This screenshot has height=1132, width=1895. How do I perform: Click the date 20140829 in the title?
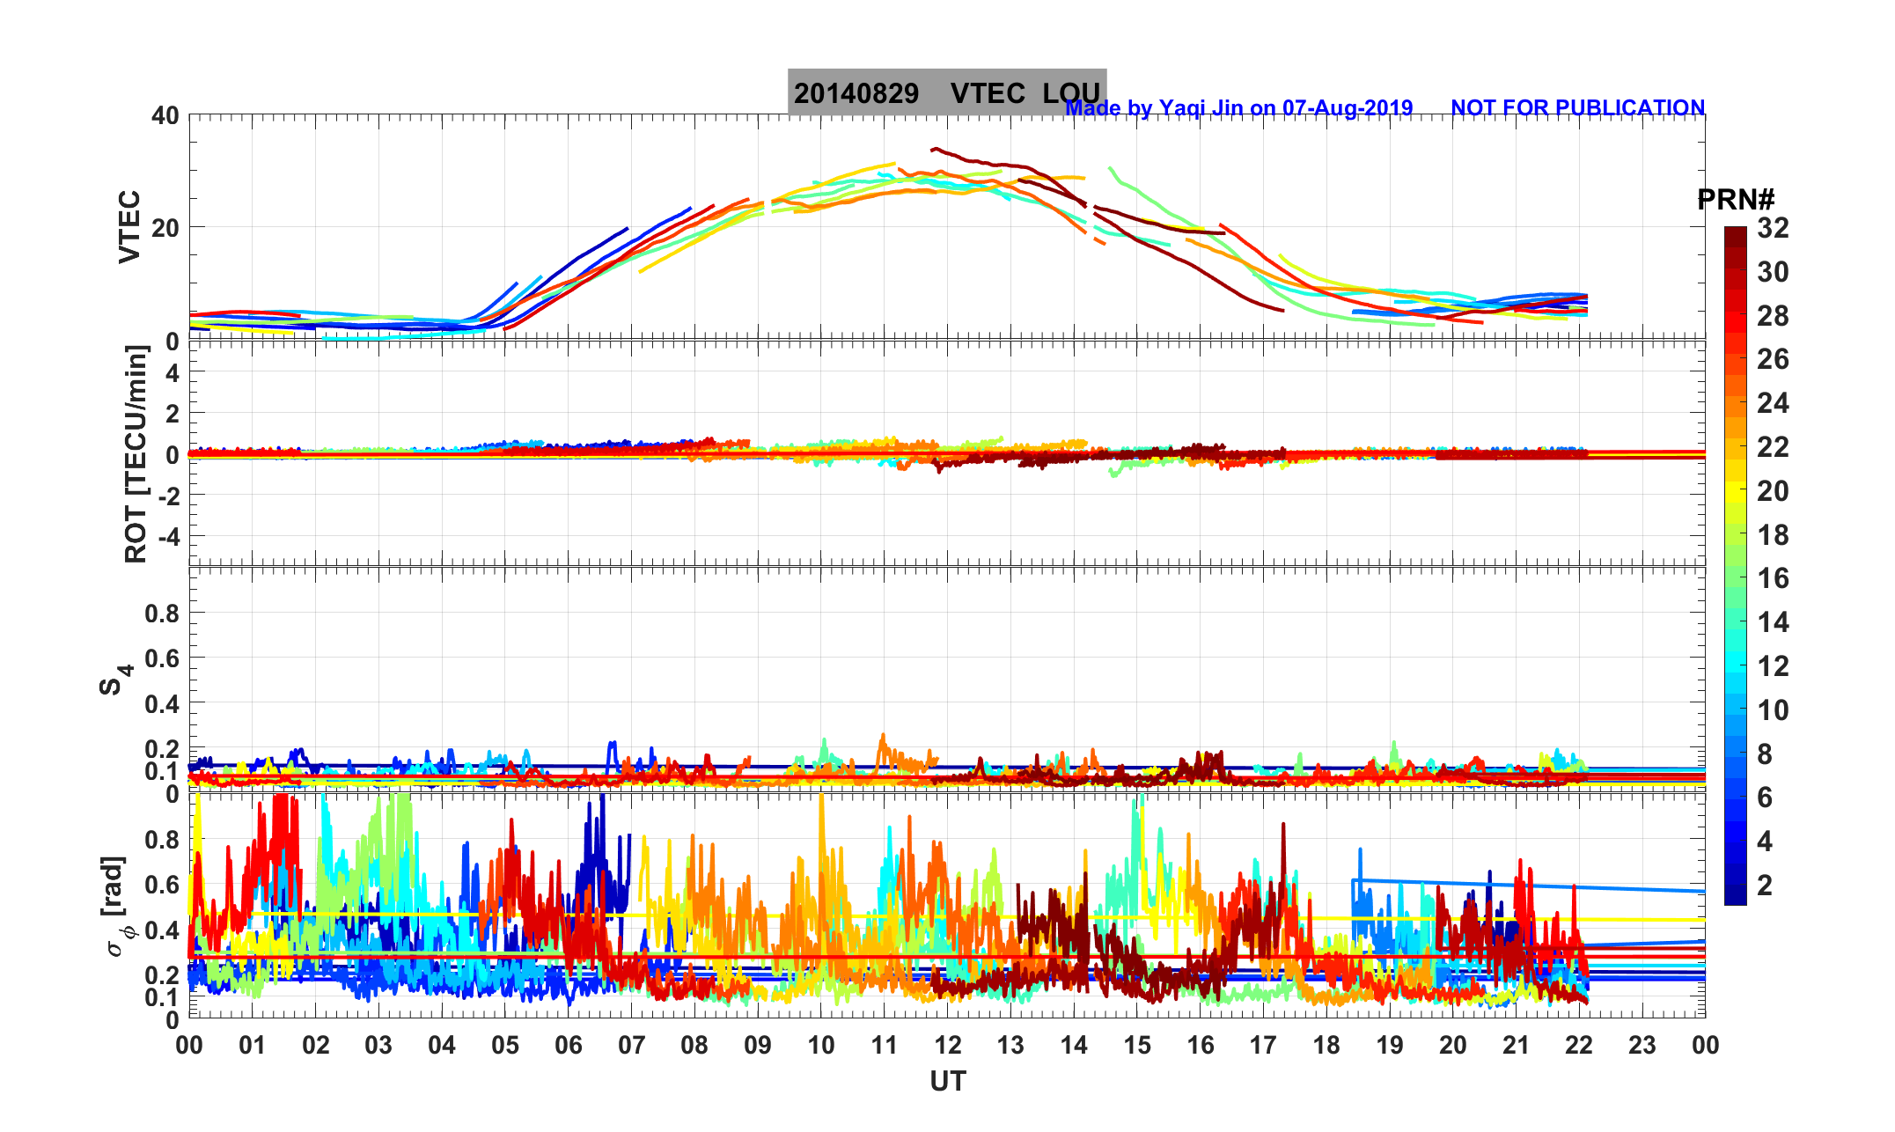click(856, 93)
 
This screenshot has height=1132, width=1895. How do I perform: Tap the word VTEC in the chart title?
click(988, 93)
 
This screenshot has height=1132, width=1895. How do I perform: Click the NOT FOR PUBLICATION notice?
click(1577, 108)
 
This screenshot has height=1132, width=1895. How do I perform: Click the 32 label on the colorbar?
click(1773, 229)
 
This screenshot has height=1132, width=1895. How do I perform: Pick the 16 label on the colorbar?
click(1773, 578)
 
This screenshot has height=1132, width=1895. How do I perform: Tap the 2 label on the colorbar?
click(1764, 885)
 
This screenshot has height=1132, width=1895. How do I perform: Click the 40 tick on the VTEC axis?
click(165, 116)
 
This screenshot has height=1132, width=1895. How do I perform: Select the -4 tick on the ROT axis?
click(166, 536)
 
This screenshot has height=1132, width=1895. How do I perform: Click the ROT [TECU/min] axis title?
click(136, 454)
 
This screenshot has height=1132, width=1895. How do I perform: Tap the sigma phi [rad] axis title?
click(118, 906)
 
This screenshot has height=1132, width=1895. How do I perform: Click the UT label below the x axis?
click(947, 1082)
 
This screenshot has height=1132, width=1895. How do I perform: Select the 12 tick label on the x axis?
click(947, 1046)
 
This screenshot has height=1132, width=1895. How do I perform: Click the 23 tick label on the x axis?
click(1642, 1046)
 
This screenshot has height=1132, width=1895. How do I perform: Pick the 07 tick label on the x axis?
click(631, 1046)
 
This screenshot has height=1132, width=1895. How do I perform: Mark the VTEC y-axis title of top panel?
click(129, 227)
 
